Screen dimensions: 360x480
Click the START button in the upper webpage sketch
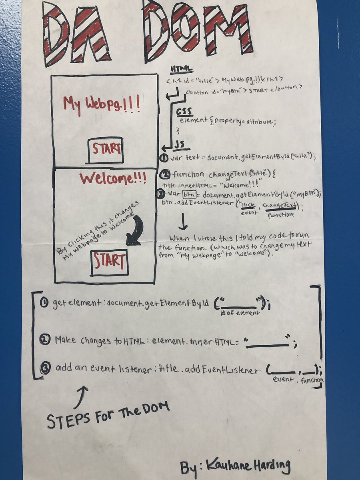coord(106,150)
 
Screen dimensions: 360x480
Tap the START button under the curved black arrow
coord(109,262)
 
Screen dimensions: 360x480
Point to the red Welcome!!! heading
coord(113,178)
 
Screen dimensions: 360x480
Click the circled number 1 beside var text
coord(164,158)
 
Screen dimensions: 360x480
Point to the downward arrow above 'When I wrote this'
coord(183,222)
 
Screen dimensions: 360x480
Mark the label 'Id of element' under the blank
coord(240,312)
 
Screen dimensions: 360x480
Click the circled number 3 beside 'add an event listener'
coord(45,368)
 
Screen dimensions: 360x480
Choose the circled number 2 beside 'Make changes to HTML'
coord(45,340)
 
